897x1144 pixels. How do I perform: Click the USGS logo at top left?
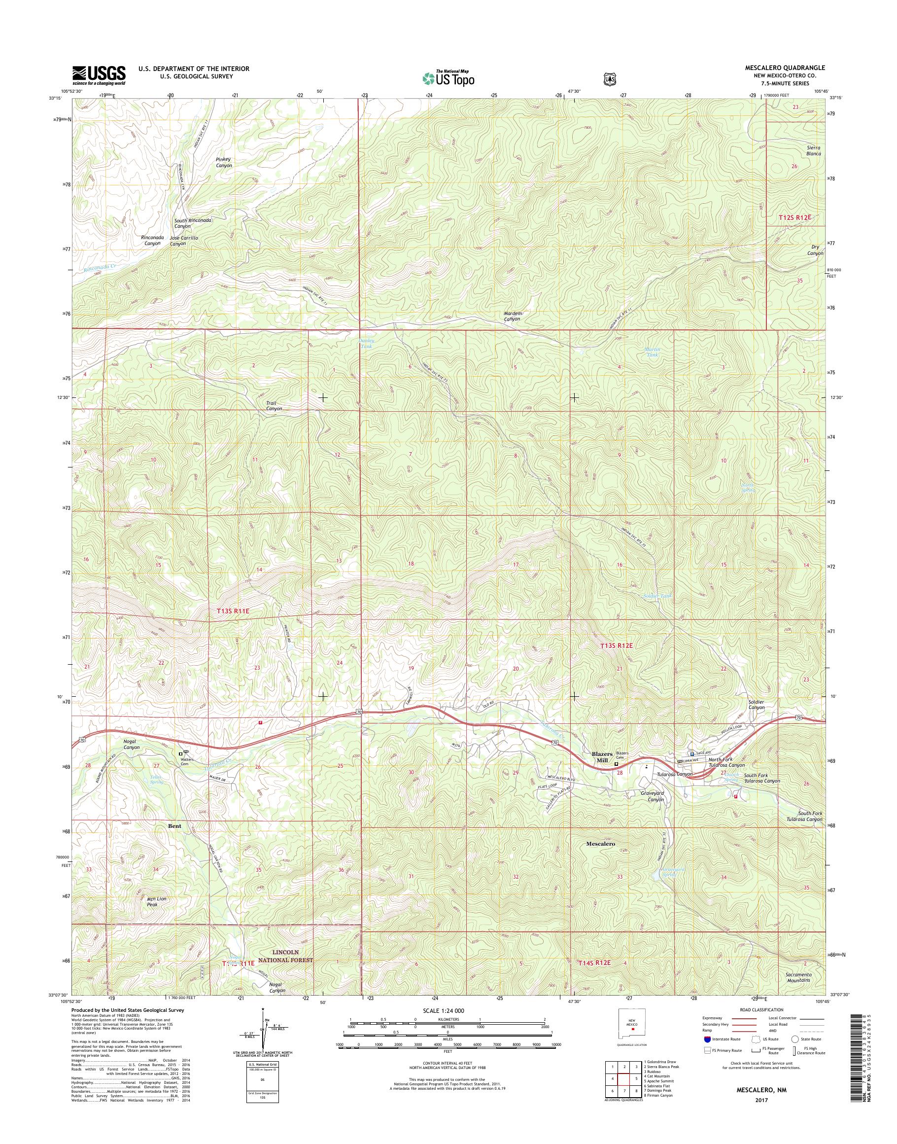(x=99, y=75)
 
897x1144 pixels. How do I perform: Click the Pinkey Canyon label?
(x=223, y=162)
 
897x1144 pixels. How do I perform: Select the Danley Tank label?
(x=366, y=344)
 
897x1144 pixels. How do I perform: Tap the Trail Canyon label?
(x=274, y=406)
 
